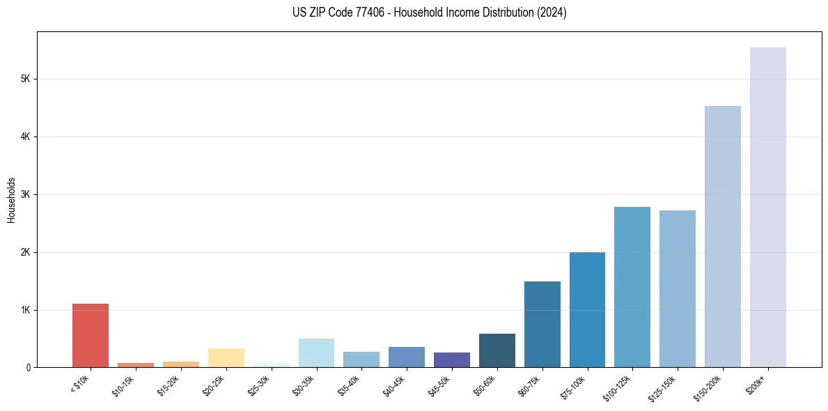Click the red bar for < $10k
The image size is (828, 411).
point(91,335)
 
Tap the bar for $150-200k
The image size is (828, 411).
point(723,236)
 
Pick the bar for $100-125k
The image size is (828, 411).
point(632,287)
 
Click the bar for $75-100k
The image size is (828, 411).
point(587,309)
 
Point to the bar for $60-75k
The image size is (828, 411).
point(542,324)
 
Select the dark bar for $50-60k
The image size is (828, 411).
point(497,350)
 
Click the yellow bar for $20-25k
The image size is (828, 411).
point(226,357)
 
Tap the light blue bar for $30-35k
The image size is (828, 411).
point(316,352)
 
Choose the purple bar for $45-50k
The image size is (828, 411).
point(452,359)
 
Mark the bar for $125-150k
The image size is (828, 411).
point(678,288)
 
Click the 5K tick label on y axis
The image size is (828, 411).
point(25,79)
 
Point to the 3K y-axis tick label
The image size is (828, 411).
point(25,194)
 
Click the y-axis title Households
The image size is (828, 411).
point(11,200)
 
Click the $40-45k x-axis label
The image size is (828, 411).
point(394,384)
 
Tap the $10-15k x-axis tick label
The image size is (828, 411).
point(123,384)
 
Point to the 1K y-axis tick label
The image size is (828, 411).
point(25,310)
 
